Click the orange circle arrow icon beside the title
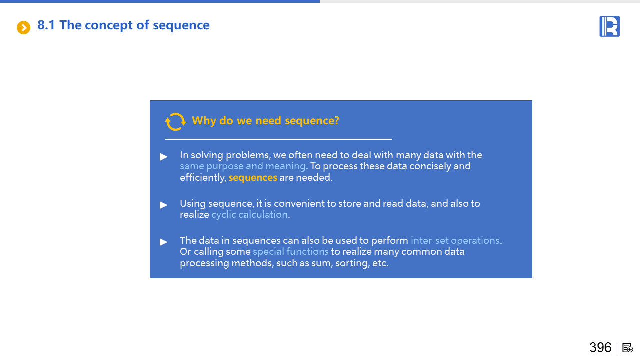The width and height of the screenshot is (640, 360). [23, 27]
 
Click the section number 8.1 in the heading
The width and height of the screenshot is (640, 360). [46, 25]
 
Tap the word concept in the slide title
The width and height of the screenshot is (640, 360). [109, 25]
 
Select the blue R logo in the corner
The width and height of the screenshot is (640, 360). [609, 26]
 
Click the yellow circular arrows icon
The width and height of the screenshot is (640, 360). [175, 122]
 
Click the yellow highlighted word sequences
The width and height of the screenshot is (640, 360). [253, 178]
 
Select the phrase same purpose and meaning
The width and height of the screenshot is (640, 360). [243, 166]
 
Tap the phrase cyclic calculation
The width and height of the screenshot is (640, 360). [249, 215]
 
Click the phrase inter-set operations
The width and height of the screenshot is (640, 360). [455, 241]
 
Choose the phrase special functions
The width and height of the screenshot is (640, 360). [291, 252]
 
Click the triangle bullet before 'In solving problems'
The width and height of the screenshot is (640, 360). [163, 157]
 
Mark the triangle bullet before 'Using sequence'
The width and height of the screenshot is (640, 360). [163, 205]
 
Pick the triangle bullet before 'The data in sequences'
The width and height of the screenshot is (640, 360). [163, 242]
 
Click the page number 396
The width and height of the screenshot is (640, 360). [600, 348]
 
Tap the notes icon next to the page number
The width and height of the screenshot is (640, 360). [627, 348]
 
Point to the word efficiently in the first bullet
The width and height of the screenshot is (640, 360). [203, 178]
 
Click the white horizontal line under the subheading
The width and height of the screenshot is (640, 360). [279, 139]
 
